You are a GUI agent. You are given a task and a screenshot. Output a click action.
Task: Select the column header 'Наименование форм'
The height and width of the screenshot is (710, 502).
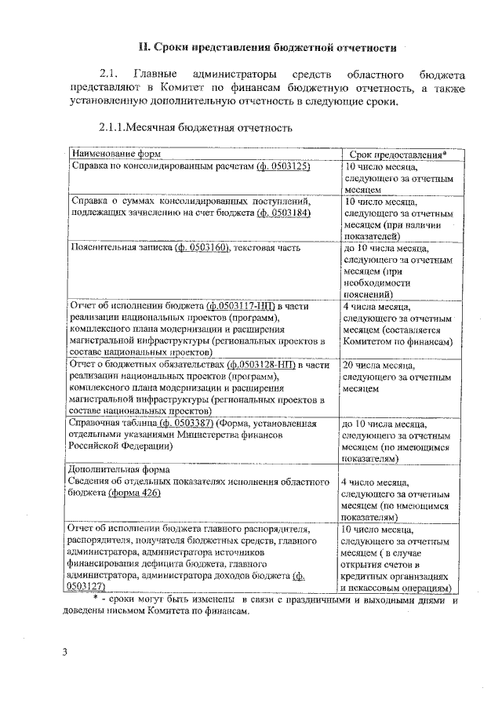109,155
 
